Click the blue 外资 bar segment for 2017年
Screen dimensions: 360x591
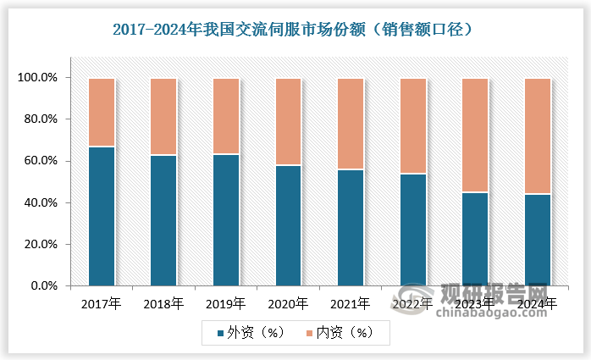tap(101, 216)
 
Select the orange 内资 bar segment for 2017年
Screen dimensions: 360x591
tap(101, 113)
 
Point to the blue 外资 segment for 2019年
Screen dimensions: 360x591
tap(225, 220)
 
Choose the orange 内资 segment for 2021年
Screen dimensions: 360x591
tap(351, 124)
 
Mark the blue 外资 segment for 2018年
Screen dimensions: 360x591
tap(163, 220)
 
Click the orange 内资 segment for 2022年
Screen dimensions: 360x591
tap(413, 126)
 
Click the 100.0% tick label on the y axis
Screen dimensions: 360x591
tap(38, 78)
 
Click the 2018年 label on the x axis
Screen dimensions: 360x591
tap(163, 302)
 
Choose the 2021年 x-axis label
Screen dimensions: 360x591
tap(351, 302)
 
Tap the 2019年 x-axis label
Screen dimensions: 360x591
tap(225, 302)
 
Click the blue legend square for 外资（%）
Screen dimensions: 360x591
tap(220, 332)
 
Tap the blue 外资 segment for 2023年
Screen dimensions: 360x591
tap(475, 239)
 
